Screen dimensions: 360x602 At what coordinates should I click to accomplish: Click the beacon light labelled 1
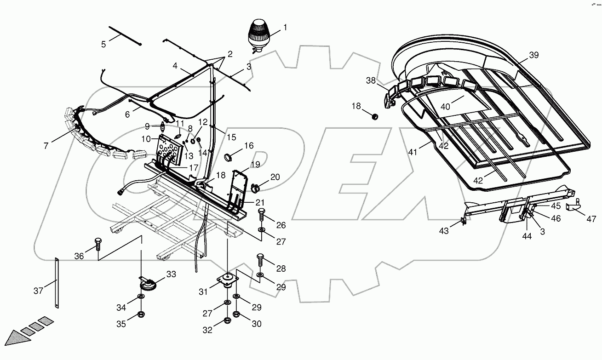258,34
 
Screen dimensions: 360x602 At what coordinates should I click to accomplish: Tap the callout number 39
533,55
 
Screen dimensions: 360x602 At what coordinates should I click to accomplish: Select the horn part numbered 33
148,285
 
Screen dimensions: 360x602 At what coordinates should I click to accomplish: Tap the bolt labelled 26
262,214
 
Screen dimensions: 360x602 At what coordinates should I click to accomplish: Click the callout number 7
46,146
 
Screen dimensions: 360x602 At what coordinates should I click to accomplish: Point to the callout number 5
103,44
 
